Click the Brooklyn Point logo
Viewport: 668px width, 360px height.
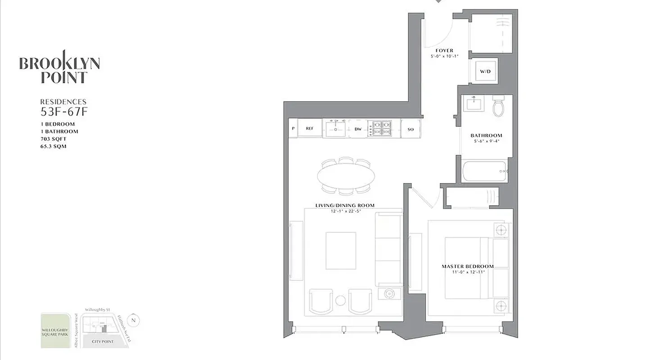click(59, 67)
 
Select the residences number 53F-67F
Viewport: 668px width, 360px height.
click(63, 111)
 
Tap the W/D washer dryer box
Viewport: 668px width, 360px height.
click(484, 71)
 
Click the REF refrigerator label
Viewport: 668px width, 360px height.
click(310, 128)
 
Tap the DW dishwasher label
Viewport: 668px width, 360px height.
click(358, 129)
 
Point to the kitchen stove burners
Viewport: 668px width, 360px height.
click(379, 128)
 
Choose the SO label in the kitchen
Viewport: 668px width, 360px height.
click(411, 129)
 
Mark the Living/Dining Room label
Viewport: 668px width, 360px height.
click(345, 206)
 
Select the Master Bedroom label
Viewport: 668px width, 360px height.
click(468, 266)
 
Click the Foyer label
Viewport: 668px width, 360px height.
click(444, 50)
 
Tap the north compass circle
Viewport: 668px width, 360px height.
click(133, 320)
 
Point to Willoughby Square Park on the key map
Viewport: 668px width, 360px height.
click(55, 331)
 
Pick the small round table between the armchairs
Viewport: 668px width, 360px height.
click(341, 300)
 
